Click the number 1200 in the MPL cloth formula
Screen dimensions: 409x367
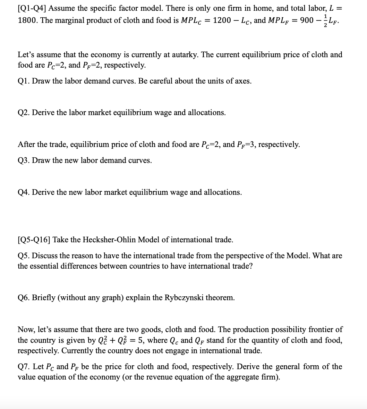click(223, 20)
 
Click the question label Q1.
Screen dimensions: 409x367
click(23, 81)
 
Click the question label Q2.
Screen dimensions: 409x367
click(23, 113)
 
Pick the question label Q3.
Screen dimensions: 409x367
click(23, 160)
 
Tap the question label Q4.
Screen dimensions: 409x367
click(23, 192)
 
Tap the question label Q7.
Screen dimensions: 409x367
click(23, 367)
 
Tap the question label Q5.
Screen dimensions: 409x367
click(23, 256)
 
